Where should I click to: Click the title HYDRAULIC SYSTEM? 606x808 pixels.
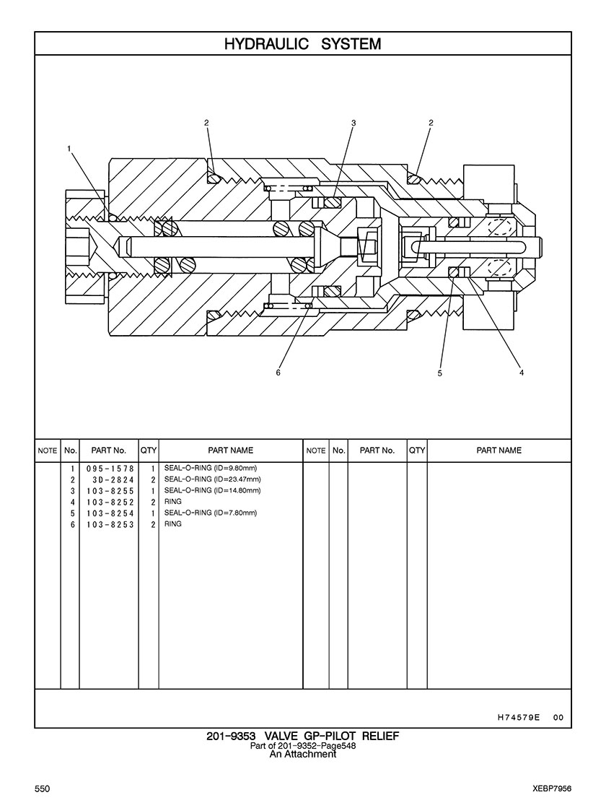point(302,44)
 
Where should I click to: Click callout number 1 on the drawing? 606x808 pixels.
point(69,148)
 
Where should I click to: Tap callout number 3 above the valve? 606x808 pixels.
point(353,123)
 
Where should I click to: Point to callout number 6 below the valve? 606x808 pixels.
point(278,373)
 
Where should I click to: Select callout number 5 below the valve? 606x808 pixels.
point(439,373)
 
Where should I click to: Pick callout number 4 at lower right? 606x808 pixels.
point(521,373)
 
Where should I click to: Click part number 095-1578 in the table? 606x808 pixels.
point(110,469)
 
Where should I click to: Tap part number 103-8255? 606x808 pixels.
point(110,490)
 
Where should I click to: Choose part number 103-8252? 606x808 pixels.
point(110,502)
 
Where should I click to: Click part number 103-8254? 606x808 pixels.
point(110,513)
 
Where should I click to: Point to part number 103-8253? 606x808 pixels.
point(110,524)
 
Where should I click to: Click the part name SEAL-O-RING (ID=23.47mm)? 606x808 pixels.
point(213,479)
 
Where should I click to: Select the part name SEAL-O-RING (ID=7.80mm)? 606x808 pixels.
point(211,513)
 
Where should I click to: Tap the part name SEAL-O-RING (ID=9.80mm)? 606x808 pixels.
point(211,469)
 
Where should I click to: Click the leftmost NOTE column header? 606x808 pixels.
point(48,451)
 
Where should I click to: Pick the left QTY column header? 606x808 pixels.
point(149,451)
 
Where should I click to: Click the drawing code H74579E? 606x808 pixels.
point(519,718)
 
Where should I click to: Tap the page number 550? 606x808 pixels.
point(42,790)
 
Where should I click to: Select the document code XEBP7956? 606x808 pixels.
point(549,790)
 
